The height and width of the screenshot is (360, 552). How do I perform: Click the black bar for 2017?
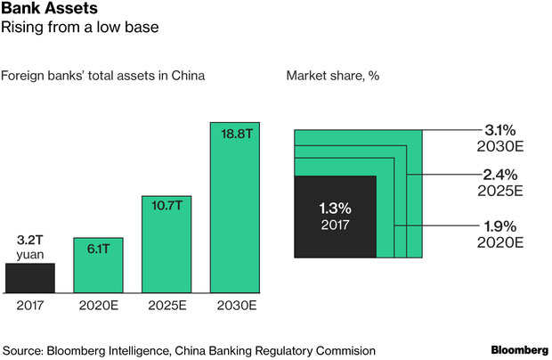[29, 277]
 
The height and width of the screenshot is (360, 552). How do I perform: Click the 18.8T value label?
[234, 133]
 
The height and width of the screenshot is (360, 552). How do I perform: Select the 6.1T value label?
[97, 250]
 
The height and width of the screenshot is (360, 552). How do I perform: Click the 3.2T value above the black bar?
[29, 240]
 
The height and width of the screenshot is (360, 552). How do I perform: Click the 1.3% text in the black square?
[336, 209]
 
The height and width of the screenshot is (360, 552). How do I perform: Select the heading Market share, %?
[332, 75]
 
